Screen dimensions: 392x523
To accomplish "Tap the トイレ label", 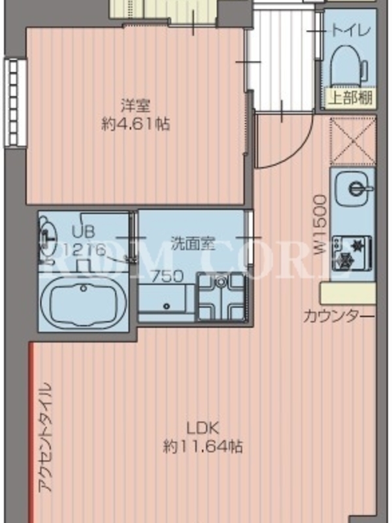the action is click(351, 31).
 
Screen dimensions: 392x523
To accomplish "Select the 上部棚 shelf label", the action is click(350, 98).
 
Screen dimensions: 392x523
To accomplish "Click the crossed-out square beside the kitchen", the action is click(352, 141).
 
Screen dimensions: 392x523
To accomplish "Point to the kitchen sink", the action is click(353, 189).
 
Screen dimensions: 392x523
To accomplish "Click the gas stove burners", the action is click(352, 253).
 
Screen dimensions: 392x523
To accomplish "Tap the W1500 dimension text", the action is click(320, 225).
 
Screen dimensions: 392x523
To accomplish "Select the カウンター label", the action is click(338, 316).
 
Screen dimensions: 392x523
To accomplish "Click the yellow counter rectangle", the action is click(348, 293).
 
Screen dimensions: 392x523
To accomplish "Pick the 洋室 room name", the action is click(135, 106).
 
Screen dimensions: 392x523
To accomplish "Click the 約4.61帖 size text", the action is click(135, 125).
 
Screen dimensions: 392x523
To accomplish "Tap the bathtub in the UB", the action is click(84, 302).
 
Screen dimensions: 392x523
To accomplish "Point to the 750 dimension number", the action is click(168, 277).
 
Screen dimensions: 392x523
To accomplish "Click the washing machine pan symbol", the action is click(221, 297).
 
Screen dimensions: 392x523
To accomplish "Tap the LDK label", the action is click(203, 429).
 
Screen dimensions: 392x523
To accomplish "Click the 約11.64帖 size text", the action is click(203, 447).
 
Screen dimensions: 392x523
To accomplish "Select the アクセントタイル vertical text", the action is click(45, 437).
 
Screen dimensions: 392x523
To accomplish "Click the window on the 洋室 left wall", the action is click(15, 103).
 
